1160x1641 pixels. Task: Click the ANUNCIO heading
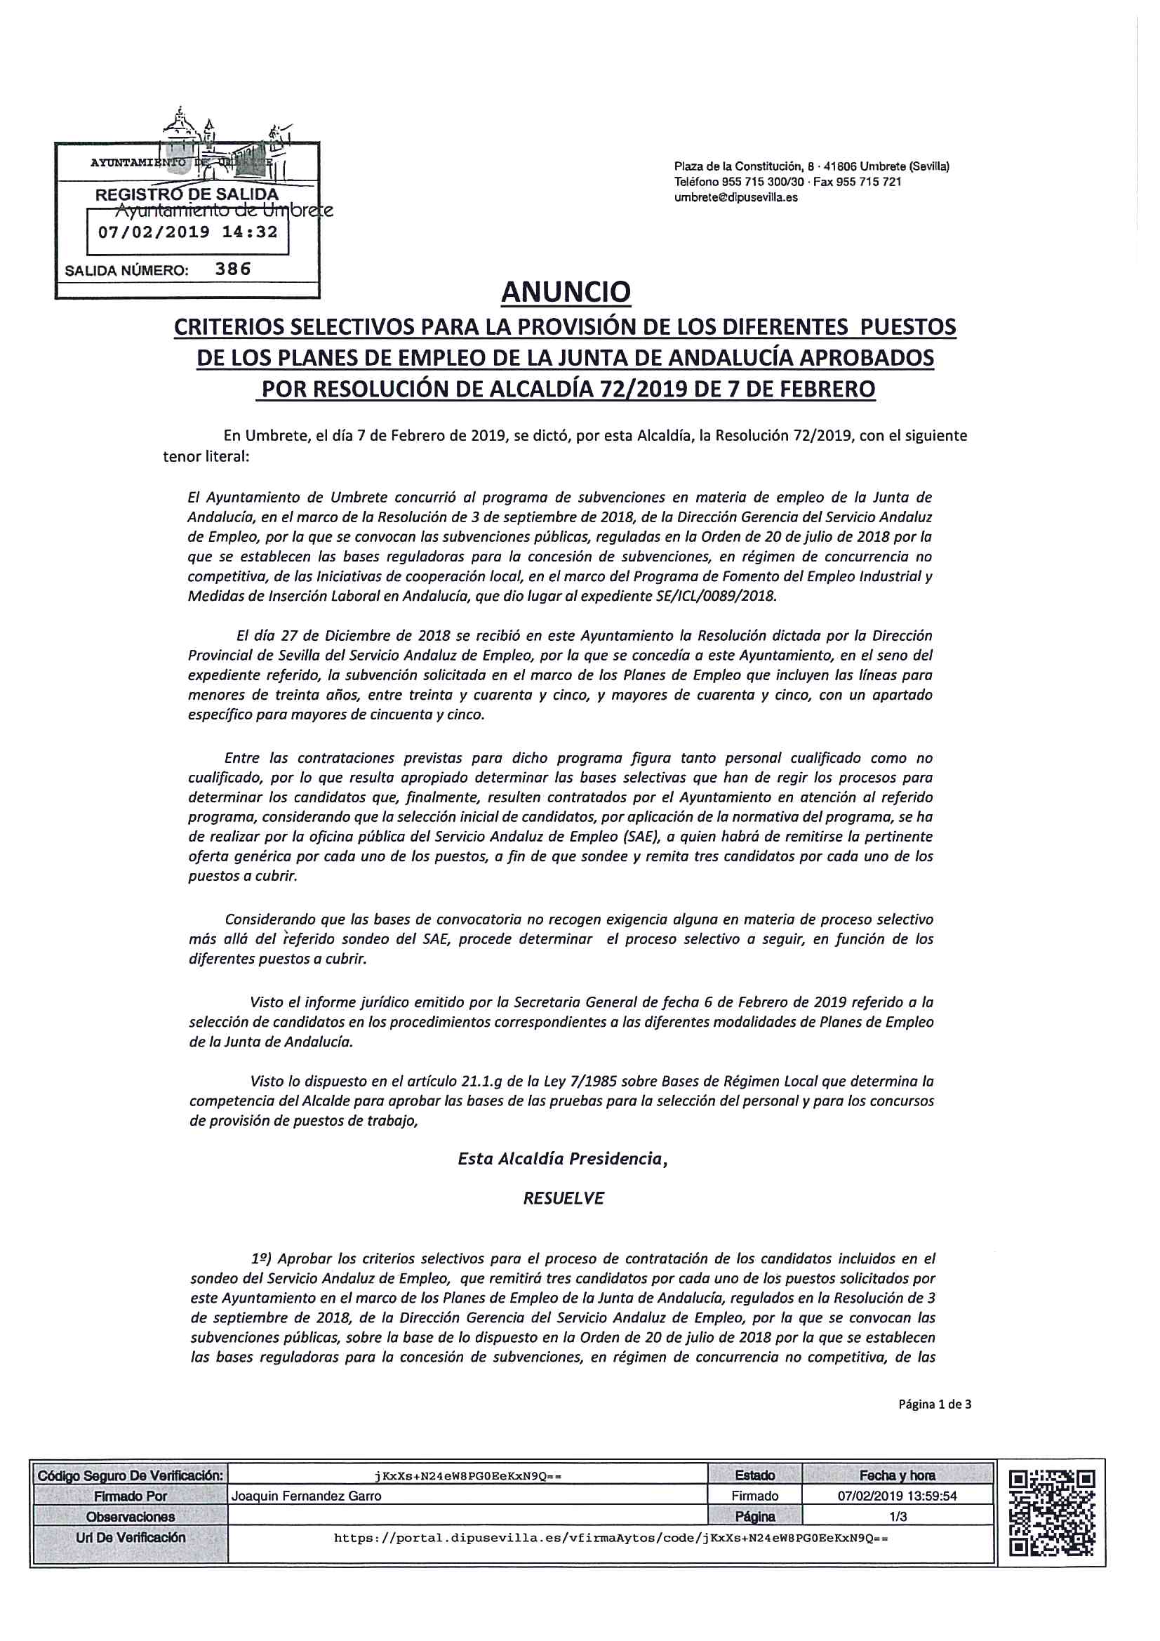tap(566, 291)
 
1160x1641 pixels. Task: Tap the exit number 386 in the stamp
tap(234, 270)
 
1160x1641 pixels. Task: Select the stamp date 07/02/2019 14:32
tap(187, 232)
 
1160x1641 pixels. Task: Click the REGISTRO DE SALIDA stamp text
tap(187, 194)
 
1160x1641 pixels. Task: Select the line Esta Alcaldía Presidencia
tap(563, 1160)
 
